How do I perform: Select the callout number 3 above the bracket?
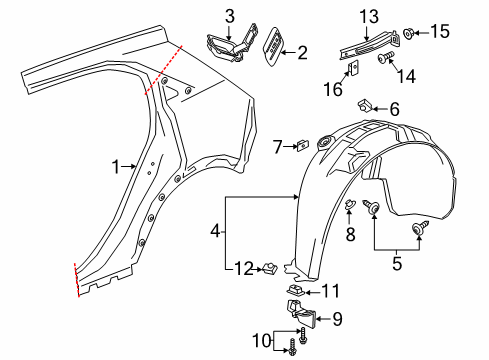pos(229,15)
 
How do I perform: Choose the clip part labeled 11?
pos(296,291)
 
